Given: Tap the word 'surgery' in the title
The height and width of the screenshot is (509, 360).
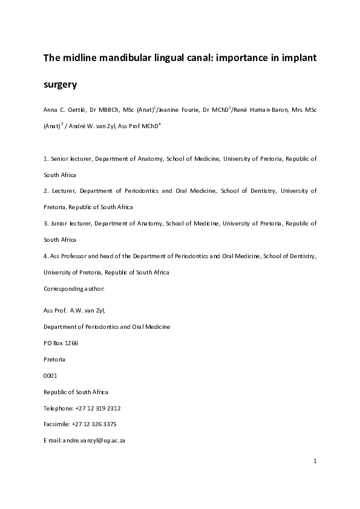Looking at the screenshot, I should pos(61,85).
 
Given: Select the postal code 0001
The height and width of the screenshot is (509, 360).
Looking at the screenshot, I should pos(51,375).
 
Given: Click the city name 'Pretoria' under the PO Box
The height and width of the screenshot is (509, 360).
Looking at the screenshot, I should pos(54,359).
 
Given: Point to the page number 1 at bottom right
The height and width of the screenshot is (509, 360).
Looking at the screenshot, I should pos(315,462).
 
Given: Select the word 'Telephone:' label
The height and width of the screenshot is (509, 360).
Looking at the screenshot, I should pos(59,408).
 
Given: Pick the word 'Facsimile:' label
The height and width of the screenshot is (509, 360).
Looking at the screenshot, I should pos(57,424).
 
